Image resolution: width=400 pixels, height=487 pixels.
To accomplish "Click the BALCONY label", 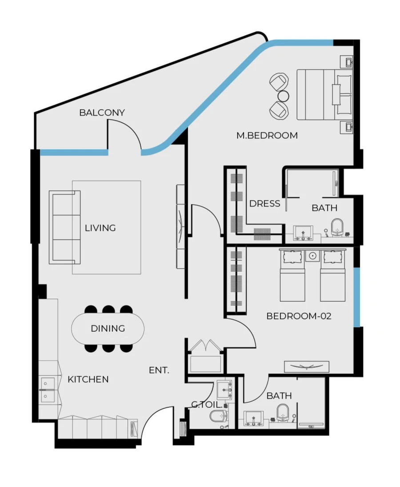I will [x=102, y=113].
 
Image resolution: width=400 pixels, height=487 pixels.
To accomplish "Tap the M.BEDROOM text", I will [x=267, y=136].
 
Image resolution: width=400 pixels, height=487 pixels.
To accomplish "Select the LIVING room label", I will [x=100, y=228].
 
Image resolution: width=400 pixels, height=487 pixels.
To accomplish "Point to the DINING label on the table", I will [x=108, y=329].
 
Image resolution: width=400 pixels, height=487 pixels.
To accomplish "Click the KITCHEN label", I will [x=88, y=379].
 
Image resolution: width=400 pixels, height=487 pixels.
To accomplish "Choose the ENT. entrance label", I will [x=159, y=370].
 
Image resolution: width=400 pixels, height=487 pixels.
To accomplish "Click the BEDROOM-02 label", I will [x=299, y=316].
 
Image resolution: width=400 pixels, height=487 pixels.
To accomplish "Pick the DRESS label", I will [x=264, y=204].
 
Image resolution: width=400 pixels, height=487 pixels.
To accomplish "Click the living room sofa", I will [x=65, y=228].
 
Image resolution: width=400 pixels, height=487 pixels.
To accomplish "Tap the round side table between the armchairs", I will [x=283, y=96].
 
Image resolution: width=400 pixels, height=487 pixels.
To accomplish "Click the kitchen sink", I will [x=47, y=390].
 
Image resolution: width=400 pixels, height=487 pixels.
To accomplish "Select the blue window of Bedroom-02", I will [x=356, y=297].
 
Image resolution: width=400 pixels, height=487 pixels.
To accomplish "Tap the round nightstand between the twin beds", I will [x=313, y=256].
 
